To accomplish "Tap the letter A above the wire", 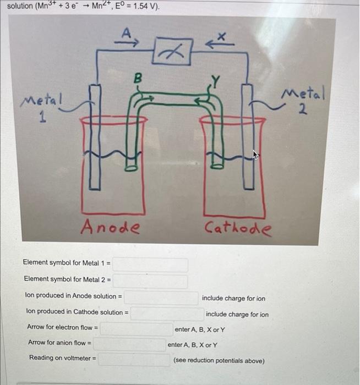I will (126, 34).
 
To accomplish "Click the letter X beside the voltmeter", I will (222, 36).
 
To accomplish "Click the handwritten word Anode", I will (110, 227).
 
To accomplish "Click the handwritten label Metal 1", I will (42, 107).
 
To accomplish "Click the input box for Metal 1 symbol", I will (151, 265).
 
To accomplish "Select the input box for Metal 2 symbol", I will (151, 281).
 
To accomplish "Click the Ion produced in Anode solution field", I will (161, 298).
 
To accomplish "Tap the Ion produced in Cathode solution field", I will (166, 313).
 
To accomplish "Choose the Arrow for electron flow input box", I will (136, 328).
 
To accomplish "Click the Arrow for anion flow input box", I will (130, 344).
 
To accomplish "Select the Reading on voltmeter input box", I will (134, 360).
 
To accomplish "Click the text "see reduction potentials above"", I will (219, 361).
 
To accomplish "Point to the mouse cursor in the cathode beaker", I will (255, 155).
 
